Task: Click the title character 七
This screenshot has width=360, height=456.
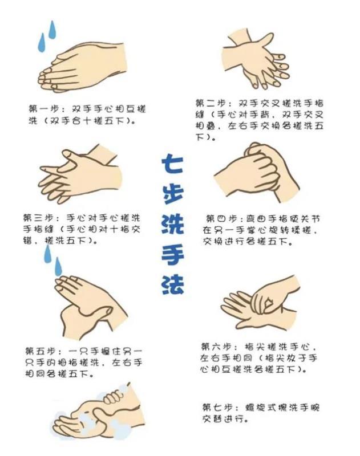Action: click(173, 164)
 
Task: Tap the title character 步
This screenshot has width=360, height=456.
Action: click(173, 194)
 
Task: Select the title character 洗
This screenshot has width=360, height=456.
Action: click(173, 224)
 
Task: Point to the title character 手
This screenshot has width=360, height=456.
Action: click(173, 255)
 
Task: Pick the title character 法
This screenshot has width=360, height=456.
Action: click(173, 284)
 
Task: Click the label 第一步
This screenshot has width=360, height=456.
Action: click(43, 109)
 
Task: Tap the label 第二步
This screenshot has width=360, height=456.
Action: click(210, 103)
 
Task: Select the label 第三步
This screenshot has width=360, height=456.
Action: click(38, 218)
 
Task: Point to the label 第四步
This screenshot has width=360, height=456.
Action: click(221, 219)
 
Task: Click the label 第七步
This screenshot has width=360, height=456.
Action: click(217, 407)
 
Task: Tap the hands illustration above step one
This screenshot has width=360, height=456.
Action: click(82, 67)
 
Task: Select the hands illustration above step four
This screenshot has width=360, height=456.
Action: click(257, 172)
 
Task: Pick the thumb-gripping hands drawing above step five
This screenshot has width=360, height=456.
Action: click(91, 308)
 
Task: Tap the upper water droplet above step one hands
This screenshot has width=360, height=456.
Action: click(52, 30)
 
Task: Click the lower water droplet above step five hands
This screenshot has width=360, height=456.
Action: click(58, 267)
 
